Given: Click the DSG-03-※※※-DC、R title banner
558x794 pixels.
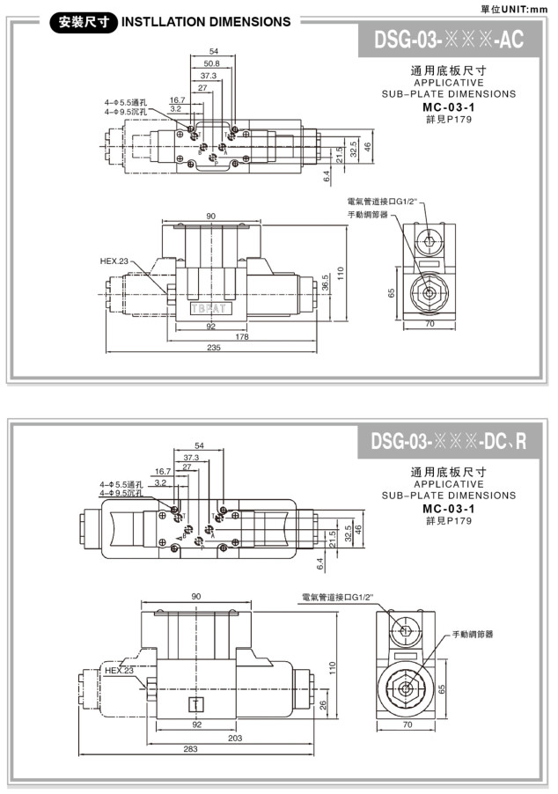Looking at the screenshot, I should click(448, 440).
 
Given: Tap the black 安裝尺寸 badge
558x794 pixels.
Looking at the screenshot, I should click(84, 22).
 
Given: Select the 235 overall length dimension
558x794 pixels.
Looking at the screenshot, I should click(213, 349).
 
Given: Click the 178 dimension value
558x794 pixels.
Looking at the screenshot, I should click(242, 337).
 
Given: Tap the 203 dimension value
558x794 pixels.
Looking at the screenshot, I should click(235, 738).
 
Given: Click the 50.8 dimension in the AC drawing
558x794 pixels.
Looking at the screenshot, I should click(211, 64).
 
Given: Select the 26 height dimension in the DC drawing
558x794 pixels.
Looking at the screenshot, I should click(325, 704).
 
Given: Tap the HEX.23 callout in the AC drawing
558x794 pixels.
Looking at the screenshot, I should click(114, 261).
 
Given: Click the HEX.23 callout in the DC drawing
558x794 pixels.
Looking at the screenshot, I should click(119, 670).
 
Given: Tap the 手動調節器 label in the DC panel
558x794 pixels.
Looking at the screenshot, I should click(473, 634).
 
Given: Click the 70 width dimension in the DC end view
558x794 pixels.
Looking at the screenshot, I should click(407, 725).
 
